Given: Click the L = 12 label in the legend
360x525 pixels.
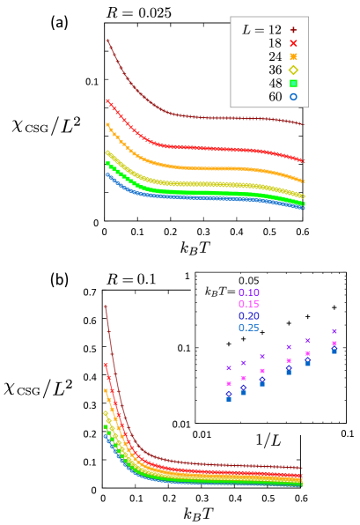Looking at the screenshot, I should coord(262,30).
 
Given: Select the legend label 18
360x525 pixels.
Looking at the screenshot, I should coord(276,43).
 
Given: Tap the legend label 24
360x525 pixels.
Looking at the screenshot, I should coord(276,56).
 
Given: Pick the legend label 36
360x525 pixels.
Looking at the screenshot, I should coord(276,70).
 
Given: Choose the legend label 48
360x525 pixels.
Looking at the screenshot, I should coord(276,83).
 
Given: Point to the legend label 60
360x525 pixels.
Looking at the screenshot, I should coord(276,96).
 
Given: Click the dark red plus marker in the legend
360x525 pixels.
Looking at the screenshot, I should coord(294,30).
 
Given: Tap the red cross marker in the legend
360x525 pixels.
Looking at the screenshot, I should coord(294,43).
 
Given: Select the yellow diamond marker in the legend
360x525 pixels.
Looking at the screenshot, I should coord(294,70).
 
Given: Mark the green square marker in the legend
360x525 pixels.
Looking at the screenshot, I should coord(294,83).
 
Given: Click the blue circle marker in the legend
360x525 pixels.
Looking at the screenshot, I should coord(294,96).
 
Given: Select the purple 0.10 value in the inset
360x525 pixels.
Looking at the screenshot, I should coord(249,292).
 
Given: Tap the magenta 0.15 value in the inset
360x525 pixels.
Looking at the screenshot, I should coord(249,305).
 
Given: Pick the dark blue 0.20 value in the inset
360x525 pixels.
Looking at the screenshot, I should coord(249,316).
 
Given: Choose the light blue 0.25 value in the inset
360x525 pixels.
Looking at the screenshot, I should coord(249,328).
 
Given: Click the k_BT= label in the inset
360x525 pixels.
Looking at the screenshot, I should coord(220,292).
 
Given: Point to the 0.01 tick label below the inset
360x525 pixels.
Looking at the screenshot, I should coord(202,433).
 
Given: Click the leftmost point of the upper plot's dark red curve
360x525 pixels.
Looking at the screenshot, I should coord(107,41).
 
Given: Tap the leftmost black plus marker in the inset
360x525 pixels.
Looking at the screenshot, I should coord(229,344).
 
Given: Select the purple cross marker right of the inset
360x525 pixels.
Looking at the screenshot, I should coord(334,331).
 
